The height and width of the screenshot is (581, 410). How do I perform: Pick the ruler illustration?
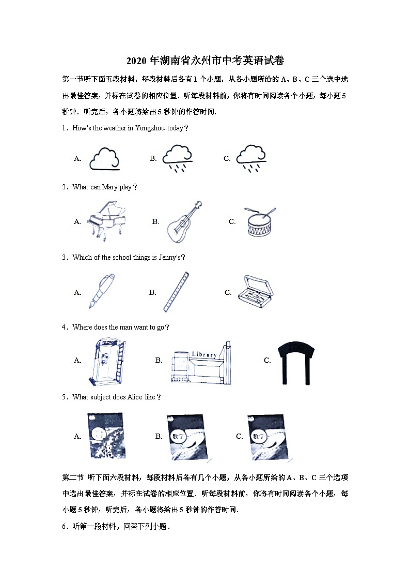pos(176,292)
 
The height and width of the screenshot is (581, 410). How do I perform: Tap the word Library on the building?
pos(204,354)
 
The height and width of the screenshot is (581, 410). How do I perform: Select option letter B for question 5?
pos(159,436)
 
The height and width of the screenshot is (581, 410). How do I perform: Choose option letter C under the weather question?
pos(227,158)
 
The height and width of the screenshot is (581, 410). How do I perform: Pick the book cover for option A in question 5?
pos(106,436)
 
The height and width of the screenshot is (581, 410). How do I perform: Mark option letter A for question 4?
pos(77,360)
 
